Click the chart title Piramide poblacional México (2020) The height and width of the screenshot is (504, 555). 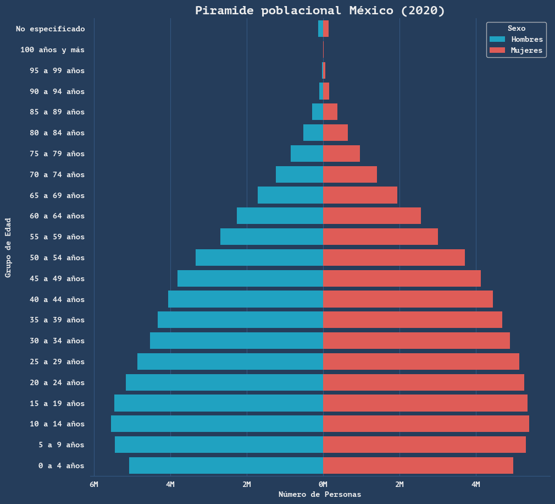tap(320, 10)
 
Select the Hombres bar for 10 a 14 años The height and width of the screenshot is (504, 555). tap(217, 424)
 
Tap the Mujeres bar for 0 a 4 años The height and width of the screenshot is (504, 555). tap(418, 465)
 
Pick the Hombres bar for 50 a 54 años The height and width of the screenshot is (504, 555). tap(259, 258)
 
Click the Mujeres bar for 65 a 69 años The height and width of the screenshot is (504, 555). tap(360, 195)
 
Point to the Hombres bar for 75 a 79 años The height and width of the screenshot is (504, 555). tap(307, 154)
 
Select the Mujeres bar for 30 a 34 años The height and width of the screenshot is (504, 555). tap(416, 341)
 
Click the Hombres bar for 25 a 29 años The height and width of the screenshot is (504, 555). tap(230, 361)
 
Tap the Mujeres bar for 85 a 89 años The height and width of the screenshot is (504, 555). tap(330, 112)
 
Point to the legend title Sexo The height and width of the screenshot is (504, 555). tap(516, 28)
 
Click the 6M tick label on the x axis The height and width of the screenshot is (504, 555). tap(94, 484)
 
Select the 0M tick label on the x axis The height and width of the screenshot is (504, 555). tap(323, 484)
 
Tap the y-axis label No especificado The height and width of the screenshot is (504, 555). tap(51, 29)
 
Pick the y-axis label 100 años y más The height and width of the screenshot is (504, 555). tap(52, 50)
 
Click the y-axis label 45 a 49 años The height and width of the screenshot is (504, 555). tap(57, 278)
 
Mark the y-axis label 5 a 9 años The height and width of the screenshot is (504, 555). tap(62, 445)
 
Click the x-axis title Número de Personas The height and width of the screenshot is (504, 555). tap(320, 495)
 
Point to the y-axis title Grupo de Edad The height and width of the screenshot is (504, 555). tap(8, 248)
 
